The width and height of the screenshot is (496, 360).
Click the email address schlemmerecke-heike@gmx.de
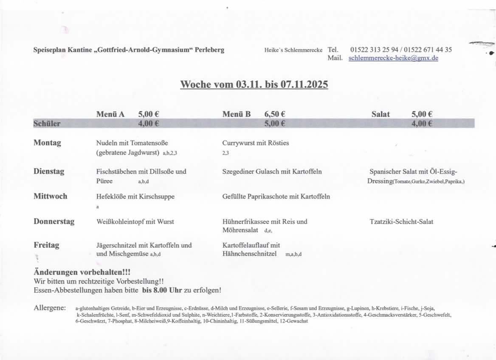[393, 58]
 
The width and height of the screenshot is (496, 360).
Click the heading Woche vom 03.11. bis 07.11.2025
[254, 84]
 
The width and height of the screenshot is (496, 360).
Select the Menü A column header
[110, 114]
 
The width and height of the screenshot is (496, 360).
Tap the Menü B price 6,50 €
[274, 114]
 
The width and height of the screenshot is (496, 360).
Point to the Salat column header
[380, 114]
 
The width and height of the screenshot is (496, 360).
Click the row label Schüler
[47, 124]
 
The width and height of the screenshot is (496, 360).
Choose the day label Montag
[47, 143]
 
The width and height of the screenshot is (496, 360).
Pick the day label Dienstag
[49, 172]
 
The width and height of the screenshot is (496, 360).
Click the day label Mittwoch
[50, 196]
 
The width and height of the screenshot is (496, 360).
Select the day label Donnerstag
[54, 221]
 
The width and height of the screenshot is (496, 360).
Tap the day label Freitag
[46, 245]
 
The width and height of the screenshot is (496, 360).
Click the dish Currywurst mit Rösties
[255, 143]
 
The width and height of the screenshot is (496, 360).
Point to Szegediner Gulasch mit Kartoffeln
[272, 172]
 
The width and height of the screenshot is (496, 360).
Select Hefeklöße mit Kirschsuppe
[135, 197]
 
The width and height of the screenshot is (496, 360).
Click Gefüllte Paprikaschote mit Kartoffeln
[276, 197]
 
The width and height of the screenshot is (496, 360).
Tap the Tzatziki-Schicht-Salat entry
[401, 222]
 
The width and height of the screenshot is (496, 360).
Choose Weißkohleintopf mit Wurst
[135, 222]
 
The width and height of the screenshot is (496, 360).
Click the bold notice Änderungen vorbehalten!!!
[82, 273]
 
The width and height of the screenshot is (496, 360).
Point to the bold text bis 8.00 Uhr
[162, 290]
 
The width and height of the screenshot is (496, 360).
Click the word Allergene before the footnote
[50, 308]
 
